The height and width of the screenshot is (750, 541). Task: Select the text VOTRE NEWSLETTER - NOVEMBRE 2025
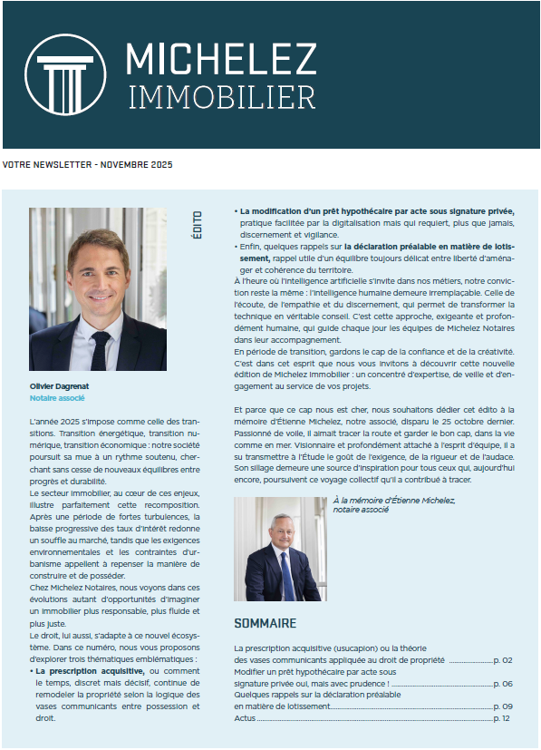click(x=87, y=165)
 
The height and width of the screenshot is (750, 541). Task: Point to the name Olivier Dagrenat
click(x=58, y=385)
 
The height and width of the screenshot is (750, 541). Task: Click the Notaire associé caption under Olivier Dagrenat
click(x=57, y=397)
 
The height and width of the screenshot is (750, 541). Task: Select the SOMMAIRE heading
click(x=265, y=624)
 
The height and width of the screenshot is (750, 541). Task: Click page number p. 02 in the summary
click(x=501, y=660)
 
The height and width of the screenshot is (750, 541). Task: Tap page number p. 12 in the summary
click(x=501, y=717)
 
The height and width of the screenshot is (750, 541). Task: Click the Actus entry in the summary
click(x=245, y=717)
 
